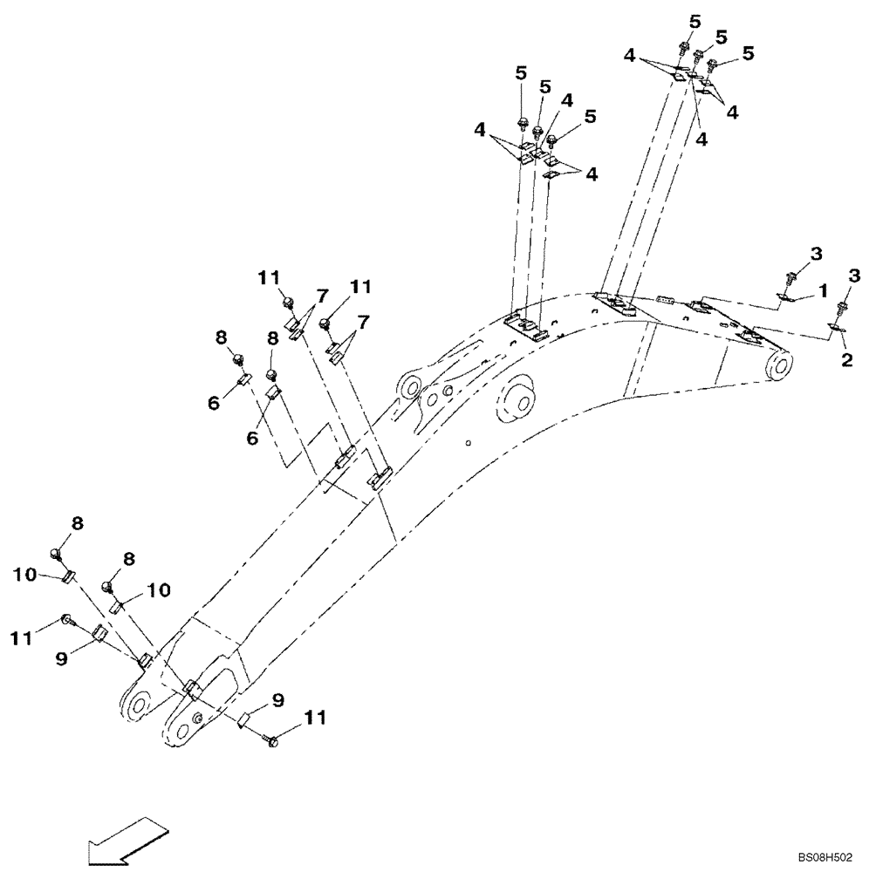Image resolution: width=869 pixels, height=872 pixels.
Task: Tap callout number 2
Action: (x=845, y=359)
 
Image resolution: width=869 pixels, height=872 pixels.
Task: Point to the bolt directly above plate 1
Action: (x=791, y=278)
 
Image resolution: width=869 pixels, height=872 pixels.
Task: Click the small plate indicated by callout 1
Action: (x=784, y=300)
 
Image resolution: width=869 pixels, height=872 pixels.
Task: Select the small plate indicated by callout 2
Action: (x=835, y=329)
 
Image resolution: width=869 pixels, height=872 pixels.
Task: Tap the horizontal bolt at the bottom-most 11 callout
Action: (x=270, y=739)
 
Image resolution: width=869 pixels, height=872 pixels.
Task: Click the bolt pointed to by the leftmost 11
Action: (x=69, y=621)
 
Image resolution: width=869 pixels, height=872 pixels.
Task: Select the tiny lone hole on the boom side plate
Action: (x=469, y=442)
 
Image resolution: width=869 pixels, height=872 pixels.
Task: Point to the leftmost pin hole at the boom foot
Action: (x=137, y=705)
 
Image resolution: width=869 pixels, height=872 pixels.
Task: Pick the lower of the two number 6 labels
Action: (x=251, y=439)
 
